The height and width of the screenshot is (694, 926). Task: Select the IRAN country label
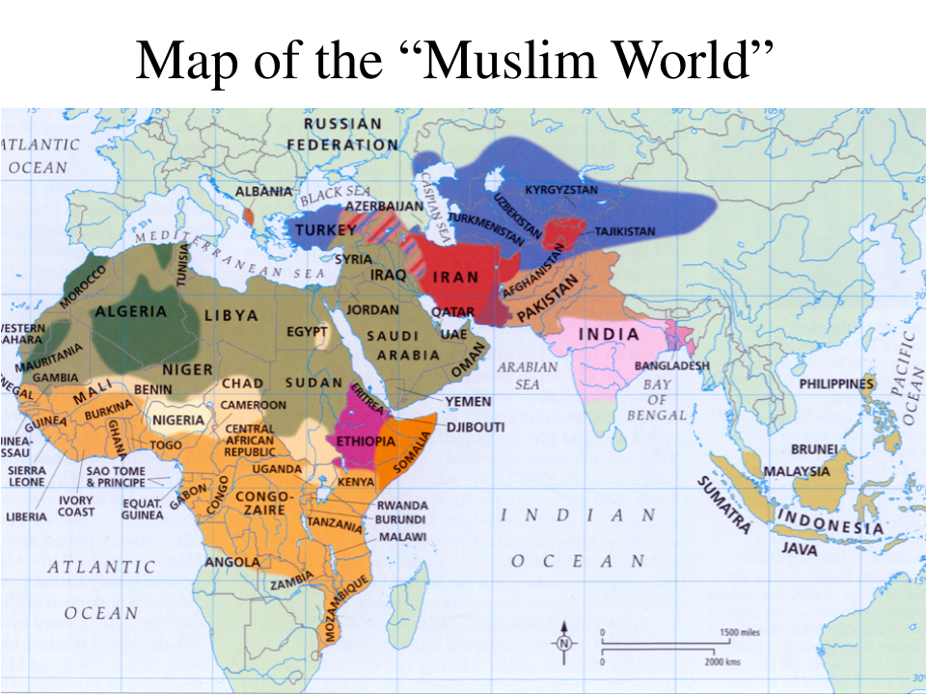point(454,277)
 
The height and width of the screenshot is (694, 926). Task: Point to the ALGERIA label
point(131,312)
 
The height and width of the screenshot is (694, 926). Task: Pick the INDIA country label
point(608,334)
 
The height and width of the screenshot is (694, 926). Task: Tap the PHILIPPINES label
point(835,385)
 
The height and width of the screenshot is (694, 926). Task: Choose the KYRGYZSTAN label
point(561,189)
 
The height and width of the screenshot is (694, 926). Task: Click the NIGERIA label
point(178,420)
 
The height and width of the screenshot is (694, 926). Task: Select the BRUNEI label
point(813,448)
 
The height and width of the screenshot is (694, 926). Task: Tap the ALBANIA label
point(263,192)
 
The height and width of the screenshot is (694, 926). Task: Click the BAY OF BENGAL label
point(657,398)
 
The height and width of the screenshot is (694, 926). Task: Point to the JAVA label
point(800,549)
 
